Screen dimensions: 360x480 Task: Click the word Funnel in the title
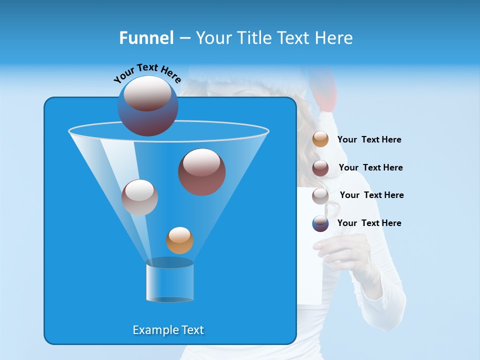pos(146,38)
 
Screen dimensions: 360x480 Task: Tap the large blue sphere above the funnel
pos(147,105)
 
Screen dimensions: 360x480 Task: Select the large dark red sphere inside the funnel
pos(202,172)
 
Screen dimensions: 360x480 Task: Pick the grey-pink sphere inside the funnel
pos(139,197)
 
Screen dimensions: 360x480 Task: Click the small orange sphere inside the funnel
pos(179,240)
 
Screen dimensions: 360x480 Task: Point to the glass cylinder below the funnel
pos(170,281)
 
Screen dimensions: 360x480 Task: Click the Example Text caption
pos(168,330)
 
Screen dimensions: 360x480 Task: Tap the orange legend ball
pos(320,139)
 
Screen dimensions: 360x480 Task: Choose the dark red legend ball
pos(320,167)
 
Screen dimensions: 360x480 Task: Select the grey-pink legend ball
pos(320,195)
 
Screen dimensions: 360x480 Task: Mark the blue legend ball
pos(320,223)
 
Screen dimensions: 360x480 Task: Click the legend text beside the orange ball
pos(369,140)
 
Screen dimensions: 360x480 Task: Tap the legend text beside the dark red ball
pos(370,168)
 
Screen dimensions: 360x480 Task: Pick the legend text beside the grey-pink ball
pos(371,195)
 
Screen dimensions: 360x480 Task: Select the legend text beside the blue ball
pos(369,223)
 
